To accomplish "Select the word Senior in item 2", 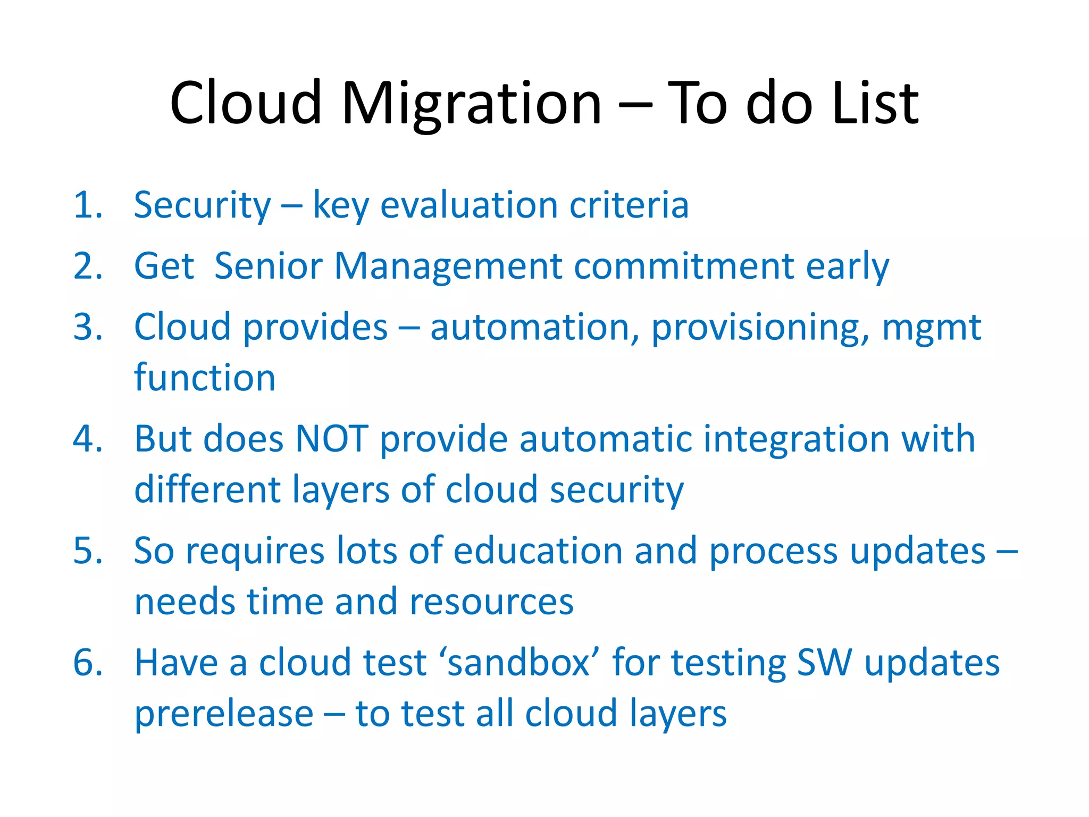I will (269, 266).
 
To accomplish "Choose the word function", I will (205, 378).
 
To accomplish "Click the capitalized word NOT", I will (332, 439).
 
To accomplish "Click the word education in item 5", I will (538, 551).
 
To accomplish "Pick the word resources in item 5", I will (491, 602).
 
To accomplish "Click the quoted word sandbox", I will (518, 663).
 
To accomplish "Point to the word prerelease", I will (224, 714).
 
